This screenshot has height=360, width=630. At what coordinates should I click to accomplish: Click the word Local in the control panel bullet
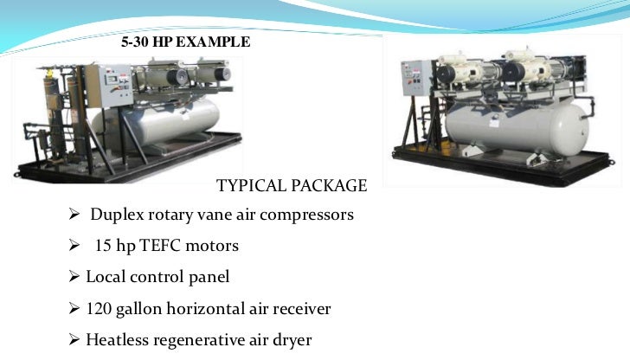tap(105, 278)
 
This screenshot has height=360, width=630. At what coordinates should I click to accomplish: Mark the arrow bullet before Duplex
tap(74, 215)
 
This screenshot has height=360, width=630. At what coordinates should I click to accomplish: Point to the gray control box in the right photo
tap(413, 81)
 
